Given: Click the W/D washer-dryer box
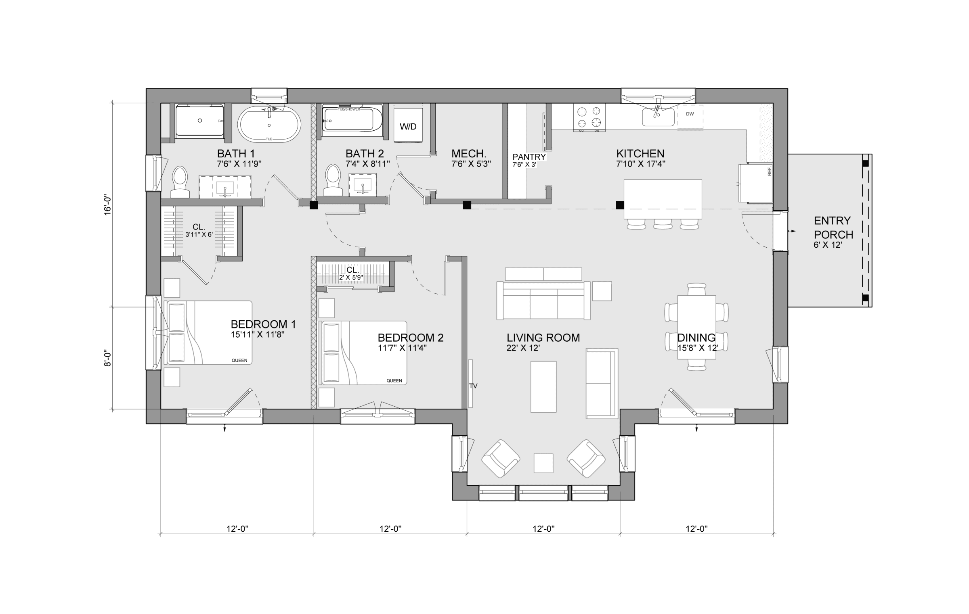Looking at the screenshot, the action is click(x=408, y=124).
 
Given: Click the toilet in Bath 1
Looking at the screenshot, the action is click(x=180, y=182).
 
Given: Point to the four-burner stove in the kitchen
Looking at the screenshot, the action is click(x=589, y=117).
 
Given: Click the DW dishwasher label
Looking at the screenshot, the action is click(x=690, y=114).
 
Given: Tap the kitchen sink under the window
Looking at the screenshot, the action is click(x=658, y=117).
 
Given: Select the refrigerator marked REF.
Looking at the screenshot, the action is click(x=755, y=183).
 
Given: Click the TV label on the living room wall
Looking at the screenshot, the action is click(x=473, y=386).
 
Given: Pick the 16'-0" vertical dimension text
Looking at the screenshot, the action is click(x=107, y=205).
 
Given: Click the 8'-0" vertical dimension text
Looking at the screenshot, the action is click(x=107, y=358).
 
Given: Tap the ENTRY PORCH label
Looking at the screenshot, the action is click(x=833, y=228).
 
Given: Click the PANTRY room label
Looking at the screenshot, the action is click(x=529, y=157).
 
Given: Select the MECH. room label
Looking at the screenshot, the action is click(x=468, y=154).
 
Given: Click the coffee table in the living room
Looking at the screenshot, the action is click(x=543, y=386).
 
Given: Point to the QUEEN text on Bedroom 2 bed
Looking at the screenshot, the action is click(x=394, y=380).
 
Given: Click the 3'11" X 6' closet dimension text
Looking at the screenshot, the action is click(x=199, y=234).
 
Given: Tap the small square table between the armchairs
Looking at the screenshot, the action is click(x=543, y=463).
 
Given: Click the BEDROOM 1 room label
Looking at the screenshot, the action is click(x=263, y=324).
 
